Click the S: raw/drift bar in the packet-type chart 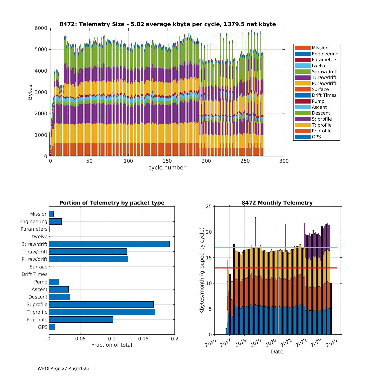point(109,244)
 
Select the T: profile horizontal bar point(102,312)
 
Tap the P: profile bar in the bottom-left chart point(81,319)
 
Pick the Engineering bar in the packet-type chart point(55,221)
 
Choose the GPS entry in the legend point(316,137)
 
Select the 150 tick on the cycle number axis point(167,161)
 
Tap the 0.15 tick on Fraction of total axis point(143,339)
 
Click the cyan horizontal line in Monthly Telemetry point(276,247)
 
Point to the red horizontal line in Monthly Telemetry point(276,268)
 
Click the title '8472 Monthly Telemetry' point(277,203)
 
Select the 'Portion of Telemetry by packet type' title point(112,203)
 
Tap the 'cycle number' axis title point(167,168)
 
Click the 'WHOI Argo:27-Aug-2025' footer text point(63,368)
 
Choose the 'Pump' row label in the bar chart point(41,282)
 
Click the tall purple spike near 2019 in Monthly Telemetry point(255,231)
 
